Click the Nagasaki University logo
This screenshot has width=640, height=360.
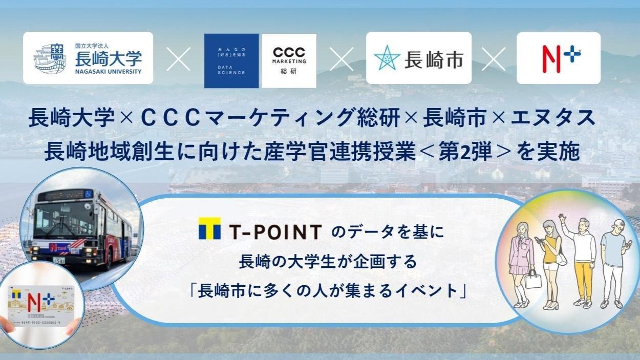coord(88,58)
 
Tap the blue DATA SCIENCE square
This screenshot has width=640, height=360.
coord(231,61)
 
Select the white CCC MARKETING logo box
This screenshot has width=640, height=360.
coord(289,61)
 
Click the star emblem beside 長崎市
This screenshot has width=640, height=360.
coord(387,58)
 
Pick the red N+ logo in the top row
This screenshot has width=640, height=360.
coord(558,58)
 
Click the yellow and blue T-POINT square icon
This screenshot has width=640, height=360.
coord(209,228)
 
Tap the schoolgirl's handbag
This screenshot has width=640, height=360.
coord(532,280)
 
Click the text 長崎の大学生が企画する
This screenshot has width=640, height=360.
coord(328,263)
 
